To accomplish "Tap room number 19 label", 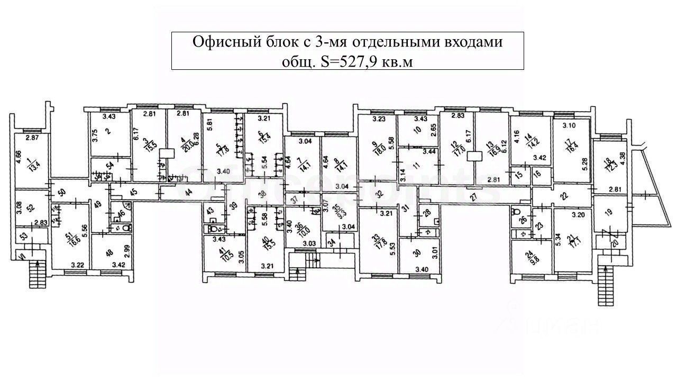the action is pos(608,213).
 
